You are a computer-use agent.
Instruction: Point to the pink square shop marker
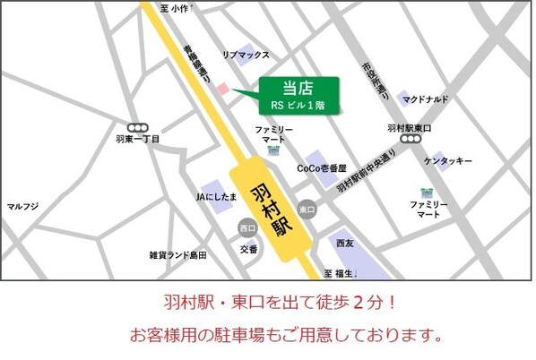pos(224,88)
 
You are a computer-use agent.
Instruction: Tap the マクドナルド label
pos(426,99)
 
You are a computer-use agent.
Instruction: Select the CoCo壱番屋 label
pos(320,167)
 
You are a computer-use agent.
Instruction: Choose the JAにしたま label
pos(216,196)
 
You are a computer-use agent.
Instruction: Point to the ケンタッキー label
pos(448,161)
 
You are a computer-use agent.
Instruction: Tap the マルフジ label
pos(22,207)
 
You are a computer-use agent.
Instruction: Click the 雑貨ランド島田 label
pos(178,255)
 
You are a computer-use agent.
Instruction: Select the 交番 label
pos(247,249)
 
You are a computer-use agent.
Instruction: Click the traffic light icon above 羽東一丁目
pos(138,128)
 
